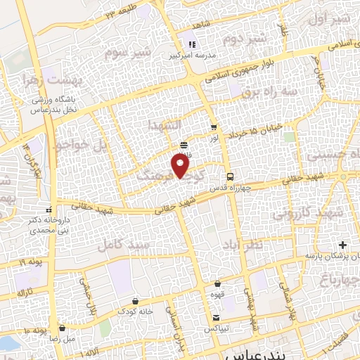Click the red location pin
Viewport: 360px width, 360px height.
pyautogui.click(x=181, y=166)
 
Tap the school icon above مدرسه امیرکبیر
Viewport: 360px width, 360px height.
pyautogui.click(x=191, y=45)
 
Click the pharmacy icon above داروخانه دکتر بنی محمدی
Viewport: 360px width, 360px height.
pyautogui.click(x=49, y=210)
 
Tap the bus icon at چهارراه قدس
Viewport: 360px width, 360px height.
pyautogui.click(x=229, y=175)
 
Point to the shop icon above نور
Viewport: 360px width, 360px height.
pyautogui.click(x=213, y=127)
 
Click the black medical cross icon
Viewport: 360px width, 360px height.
pyautogui.click(x=342, y=245)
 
